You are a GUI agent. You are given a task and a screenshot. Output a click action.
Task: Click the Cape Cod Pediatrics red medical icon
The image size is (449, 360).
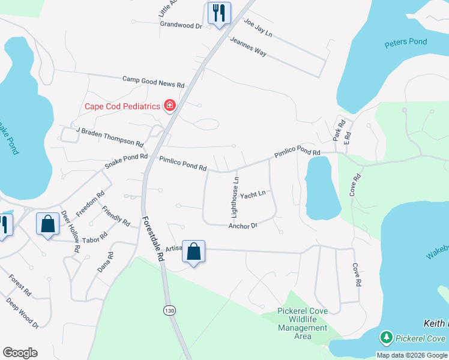pyautogui.click(x=170, y=106)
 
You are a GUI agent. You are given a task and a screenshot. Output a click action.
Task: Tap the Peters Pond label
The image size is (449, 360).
pyautogui.click(x=405, y=43)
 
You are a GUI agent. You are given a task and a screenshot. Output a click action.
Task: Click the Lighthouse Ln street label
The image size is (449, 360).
pyautogui.click(x=236, y=196)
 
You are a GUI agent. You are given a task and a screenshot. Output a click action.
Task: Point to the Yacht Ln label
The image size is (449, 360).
pyautogui.click(x=253, y=195)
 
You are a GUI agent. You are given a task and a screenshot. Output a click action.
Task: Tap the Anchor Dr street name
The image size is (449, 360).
pyautogui.click(x=243, y=226)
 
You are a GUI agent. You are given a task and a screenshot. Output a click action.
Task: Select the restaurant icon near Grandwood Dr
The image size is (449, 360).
pyautogui.click(x=218, y=13)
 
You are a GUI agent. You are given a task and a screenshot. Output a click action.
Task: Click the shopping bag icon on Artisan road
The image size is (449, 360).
pyautogui.click(x=194, y=251)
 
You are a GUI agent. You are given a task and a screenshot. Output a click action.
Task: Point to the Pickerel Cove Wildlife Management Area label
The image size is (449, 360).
pyautogui.click(x=303, y=323)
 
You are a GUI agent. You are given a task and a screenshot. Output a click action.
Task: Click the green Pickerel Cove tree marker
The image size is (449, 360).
pyautogui.click(x=387, y=338)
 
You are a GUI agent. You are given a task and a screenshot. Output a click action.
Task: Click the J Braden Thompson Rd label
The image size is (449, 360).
pyautogui.click(x=109, y=137)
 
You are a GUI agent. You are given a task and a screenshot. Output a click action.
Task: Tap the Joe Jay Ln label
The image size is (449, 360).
pyautogui.click(x=258, y=28)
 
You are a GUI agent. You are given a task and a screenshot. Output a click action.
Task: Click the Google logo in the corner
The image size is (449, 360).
pyautogui.click(x=20, y=352)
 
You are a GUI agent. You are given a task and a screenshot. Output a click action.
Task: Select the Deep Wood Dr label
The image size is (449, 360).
pyautogui.click(x=22, y=313)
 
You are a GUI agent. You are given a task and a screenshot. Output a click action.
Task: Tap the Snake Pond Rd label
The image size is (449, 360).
pyautogui.click(x=126, y=161)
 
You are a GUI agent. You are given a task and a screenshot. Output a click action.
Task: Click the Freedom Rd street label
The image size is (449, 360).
pyautogui.click(x=91, y=204)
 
